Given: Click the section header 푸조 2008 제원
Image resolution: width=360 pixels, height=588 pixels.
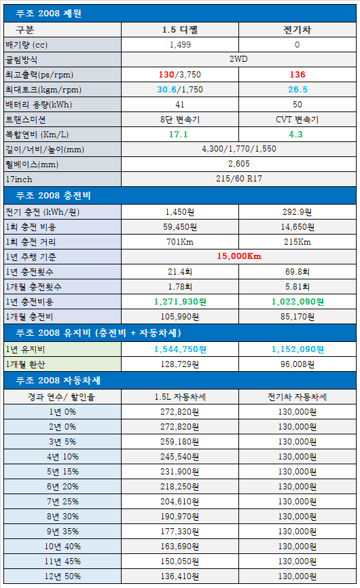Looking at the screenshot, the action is (49, 14).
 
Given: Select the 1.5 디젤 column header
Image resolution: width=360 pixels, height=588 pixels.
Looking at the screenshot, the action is (180, 30).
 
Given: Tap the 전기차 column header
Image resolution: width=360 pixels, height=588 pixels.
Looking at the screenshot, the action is (297, 30).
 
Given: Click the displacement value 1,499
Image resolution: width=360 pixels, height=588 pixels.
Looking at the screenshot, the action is (180, 45).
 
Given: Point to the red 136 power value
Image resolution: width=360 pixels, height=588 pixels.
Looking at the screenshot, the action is (298, 75).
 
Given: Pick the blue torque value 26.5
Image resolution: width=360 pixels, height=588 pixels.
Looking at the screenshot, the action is (298, 90).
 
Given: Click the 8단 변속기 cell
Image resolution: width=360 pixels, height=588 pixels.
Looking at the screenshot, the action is (180, 120).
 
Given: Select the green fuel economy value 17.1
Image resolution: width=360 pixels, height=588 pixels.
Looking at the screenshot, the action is (179, 134).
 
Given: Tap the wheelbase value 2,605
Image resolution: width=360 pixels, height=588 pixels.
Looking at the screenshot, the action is (238, 164).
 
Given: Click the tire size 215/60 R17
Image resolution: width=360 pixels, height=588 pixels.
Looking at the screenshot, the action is (238, 179).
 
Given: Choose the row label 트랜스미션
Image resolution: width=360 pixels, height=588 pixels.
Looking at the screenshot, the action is (26, 120).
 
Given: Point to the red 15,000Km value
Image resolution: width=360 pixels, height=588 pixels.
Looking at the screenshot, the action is (238, 256).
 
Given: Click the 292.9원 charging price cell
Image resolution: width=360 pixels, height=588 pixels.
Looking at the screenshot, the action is (297, 212).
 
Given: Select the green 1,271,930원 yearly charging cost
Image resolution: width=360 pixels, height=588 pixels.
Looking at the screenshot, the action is (180, 302).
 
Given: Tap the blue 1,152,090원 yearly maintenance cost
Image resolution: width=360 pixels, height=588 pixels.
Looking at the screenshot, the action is (298, 349).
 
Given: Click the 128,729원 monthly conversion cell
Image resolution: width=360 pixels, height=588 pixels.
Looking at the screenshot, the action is (180, 364).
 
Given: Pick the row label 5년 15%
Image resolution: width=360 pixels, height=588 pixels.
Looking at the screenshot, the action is (62, 472).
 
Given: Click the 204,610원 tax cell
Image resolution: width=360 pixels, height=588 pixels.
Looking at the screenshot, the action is (180, 502).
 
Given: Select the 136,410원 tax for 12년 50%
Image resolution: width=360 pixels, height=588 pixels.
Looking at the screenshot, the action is (180, 576).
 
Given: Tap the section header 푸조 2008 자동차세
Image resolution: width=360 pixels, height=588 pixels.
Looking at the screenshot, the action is (58, 381).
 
